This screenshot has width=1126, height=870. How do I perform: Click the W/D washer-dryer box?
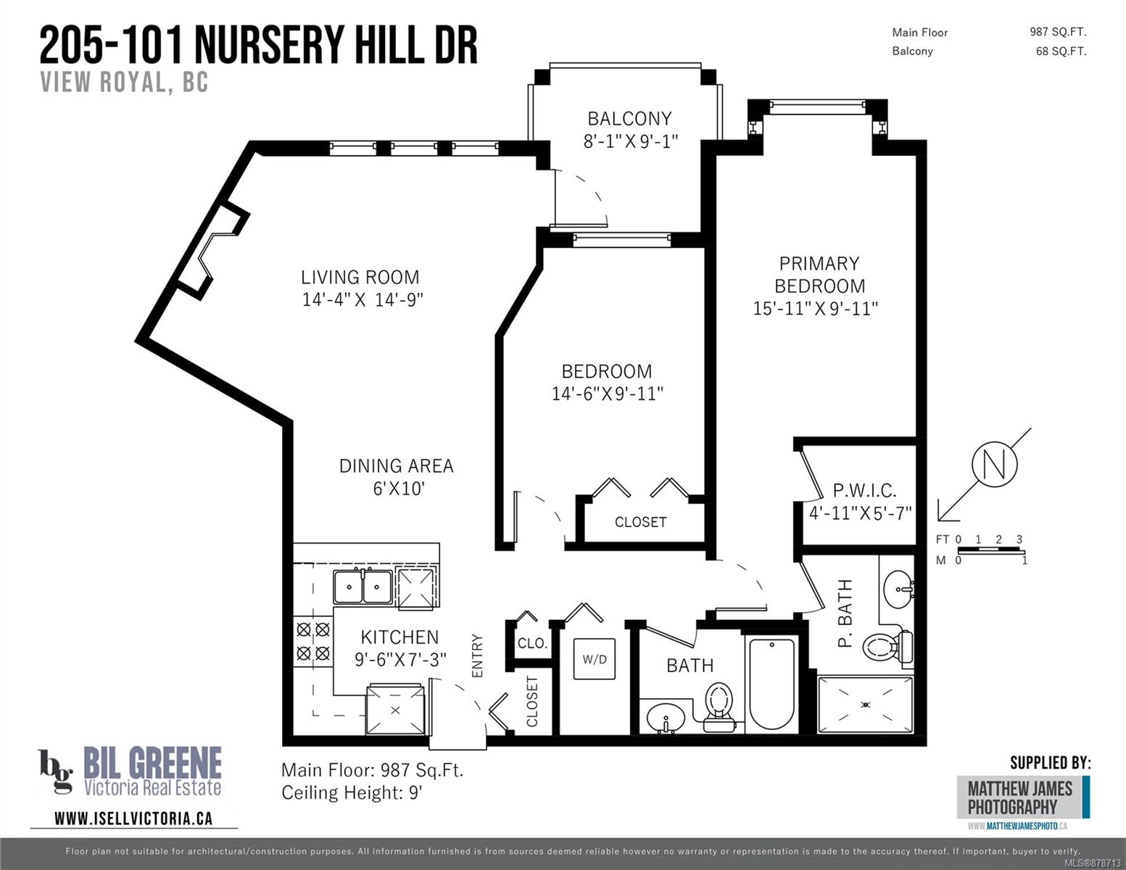595,659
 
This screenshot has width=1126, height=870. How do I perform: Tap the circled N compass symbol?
994,464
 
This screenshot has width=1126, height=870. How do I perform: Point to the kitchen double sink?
363,587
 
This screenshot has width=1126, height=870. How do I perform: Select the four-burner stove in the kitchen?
313,642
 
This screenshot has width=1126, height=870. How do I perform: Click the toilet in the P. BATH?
887,647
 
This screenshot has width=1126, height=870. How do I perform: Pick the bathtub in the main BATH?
772,684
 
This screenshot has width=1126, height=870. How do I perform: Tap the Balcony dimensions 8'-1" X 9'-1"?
631,141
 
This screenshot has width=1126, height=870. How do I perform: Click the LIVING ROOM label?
360,277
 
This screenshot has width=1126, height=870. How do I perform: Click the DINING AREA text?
397,466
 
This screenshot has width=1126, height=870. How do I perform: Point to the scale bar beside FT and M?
990,550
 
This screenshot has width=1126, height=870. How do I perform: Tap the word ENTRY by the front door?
477,655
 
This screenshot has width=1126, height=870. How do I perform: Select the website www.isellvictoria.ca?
133,819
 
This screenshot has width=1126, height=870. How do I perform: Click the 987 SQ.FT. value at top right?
1058,32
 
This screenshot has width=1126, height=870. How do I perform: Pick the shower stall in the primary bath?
865,705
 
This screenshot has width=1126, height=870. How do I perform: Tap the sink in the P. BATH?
899,589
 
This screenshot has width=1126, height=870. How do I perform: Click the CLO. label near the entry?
532,644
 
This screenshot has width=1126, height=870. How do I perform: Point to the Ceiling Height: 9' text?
352,793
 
